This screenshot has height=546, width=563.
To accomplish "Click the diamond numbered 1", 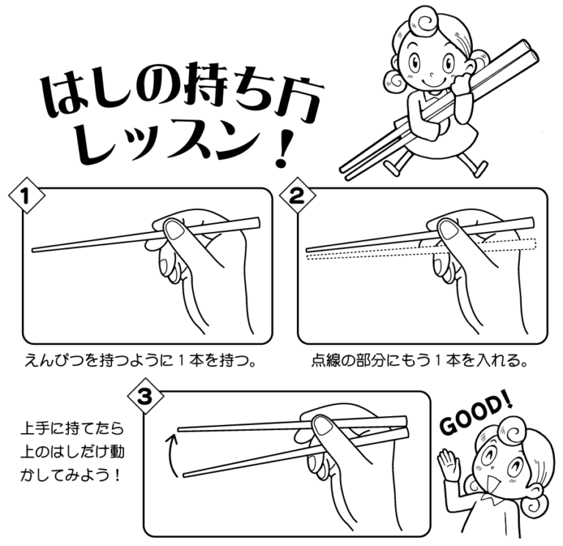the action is (x=26, y=196).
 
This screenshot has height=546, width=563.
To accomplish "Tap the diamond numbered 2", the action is (x=298, y=195).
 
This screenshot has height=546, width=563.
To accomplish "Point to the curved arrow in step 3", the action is (x=171, y=456).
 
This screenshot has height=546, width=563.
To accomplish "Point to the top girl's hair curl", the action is (x=422, y=21).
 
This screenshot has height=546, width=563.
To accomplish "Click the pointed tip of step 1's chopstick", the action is (x=32, y=250).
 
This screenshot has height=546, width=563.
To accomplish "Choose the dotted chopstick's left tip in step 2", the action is (x=308, y=257).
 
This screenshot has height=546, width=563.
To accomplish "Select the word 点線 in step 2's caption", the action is (x=326, y=360).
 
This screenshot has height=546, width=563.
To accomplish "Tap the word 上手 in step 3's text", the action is (x=36, y=429).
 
